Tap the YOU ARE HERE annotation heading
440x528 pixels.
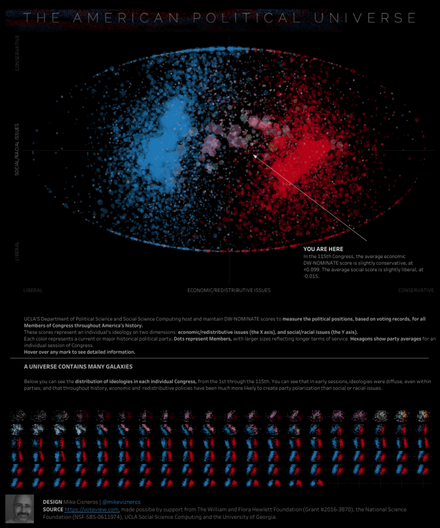[324, 249]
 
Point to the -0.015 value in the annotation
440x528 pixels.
[311, 276]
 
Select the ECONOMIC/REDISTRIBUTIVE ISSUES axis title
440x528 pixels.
[229, 291]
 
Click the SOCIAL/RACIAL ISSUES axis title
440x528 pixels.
[17, 149]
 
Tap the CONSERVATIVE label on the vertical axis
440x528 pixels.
[17, 53]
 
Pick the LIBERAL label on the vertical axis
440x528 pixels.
[17, 251]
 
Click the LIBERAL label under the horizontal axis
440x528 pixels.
[33, 291]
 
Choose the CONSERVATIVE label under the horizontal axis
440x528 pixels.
[416, 291]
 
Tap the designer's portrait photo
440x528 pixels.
[20, 509]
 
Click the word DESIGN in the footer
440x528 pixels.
[52, 502]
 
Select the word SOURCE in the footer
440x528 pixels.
[53, 510]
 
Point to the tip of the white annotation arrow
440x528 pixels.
[253, 153]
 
